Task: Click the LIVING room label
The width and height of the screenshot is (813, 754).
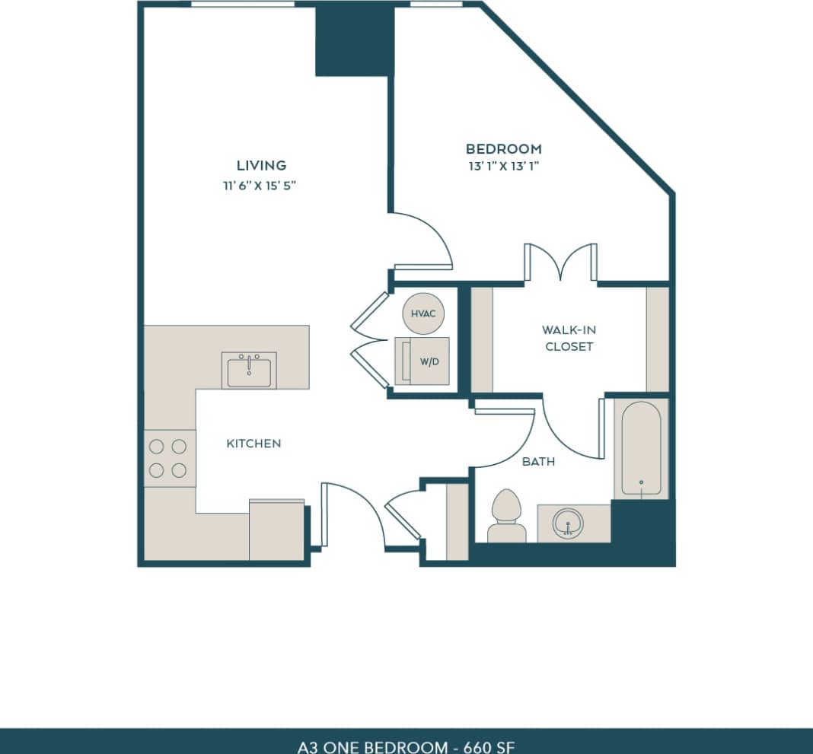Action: [x=261, y=165]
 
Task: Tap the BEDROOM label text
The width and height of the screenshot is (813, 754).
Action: [x=504, y=149]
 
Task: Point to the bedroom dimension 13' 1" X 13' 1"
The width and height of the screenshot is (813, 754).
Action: [x=504, y=169]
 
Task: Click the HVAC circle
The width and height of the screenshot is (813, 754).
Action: [x=422, y=313]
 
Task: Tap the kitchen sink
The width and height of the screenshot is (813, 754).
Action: [x=249, y=371]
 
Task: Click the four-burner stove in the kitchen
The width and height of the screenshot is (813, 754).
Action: [x=169, y=459]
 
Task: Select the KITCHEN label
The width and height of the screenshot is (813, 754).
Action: [x=253, y=444]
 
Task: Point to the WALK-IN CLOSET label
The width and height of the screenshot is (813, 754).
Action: [x=567, y=339]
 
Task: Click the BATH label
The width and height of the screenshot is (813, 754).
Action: [x=538, y=462]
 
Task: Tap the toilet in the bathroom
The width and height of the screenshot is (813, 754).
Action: [x=506, y=517]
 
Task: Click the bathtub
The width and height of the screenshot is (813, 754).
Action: [x=641, y=449]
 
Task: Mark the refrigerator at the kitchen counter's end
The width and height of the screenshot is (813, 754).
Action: [x=276, y=530]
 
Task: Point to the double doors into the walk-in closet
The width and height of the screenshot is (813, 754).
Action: [x=561, y=262]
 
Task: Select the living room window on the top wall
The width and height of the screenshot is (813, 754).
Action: [x=242, y=5]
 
